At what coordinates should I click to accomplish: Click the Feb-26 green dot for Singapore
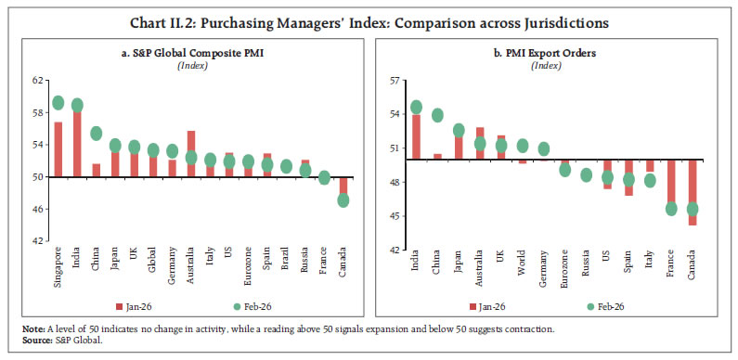(58, 103)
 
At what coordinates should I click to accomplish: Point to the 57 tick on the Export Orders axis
(394, 81)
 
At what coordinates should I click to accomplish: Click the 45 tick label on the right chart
(394, 217)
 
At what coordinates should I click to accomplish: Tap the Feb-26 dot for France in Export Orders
(671, 209)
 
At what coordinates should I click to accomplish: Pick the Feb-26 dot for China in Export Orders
(437, 116)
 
